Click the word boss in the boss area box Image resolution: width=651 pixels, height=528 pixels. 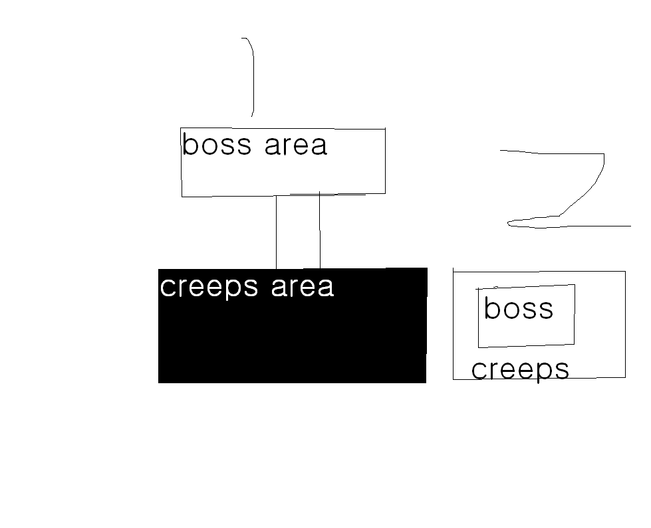217,144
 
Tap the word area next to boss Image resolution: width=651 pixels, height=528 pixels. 296,145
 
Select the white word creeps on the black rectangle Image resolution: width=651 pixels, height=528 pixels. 209,288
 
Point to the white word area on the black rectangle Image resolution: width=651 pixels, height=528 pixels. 303,287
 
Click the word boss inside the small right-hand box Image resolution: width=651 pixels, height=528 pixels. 519,309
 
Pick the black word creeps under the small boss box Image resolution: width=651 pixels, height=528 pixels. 520,371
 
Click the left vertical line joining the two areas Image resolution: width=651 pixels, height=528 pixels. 277,232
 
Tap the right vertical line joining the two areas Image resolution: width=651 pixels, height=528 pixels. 320,230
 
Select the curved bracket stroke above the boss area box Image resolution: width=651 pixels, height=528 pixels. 251,77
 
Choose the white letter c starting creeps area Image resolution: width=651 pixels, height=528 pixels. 167,288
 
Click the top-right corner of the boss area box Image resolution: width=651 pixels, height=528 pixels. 385,129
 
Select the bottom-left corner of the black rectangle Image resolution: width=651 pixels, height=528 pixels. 159,383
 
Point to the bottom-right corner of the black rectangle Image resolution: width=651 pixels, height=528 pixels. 426,383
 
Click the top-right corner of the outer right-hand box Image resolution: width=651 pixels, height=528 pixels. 625,271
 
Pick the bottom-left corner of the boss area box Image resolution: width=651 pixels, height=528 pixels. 182,196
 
